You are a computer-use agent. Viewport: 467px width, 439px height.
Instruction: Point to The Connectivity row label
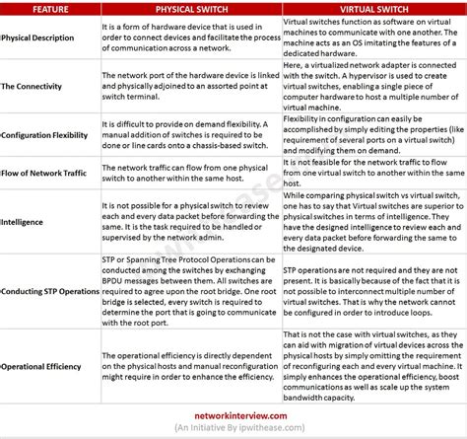point(34,87)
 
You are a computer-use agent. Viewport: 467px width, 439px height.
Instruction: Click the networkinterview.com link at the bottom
point(233,417)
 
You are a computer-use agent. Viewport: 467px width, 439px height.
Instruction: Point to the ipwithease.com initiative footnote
point(233,430)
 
